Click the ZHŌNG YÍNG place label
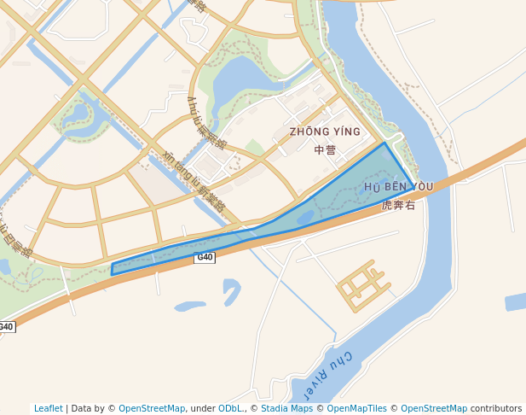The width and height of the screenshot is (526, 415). (325, 132)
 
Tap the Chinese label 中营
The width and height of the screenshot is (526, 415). (325, 150)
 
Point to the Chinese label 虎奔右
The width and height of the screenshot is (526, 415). (398, 205)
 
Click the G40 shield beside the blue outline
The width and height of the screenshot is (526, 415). (205, 257)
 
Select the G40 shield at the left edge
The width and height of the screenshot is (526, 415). (7, 327)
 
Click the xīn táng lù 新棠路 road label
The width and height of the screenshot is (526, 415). (194, 180)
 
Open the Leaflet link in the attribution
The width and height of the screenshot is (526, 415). (49, 408)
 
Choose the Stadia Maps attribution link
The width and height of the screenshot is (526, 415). (286, 408)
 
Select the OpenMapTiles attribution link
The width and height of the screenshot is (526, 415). (357, 408)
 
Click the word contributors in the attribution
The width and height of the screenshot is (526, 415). (496, 408)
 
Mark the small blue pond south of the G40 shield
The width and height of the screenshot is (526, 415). (189, 306)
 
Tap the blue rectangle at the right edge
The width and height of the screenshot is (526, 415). (515, 301)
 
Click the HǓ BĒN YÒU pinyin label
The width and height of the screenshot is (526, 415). (398, 186)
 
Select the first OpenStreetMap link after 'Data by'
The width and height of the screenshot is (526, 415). (152, 408)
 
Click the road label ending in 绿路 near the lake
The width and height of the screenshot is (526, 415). (205, 121)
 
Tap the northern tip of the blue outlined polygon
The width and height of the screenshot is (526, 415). (384, 143)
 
